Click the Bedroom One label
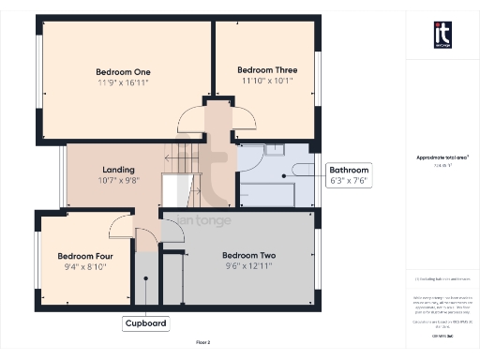point(124,71)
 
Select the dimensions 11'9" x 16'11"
point(124,82)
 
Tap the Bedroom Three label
point(267,69)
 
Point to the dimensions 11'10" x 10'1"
point(267,81)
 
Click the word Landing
point(119,170)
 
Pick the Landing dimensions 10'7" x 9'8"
point(119,181)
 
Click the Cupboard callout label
point(145,323)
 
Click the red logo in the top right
point(442,35)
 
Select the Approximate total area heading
point(442,158)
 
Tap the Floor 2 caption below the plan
point(203,344)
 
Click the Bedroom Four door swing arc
point(120,225)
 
